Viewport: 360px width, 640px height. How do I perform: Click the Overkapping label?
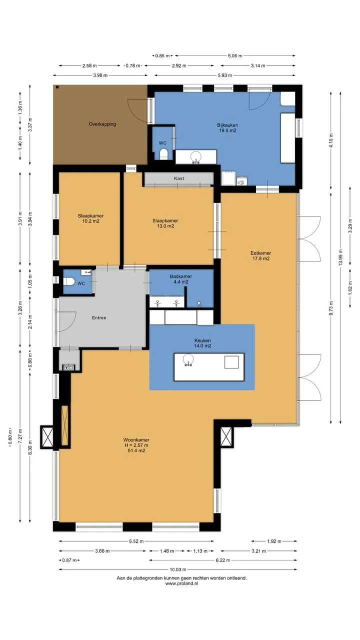click(102, 124)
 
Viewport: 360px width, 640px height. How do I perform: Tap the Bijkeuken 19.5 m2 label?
click(227, 127)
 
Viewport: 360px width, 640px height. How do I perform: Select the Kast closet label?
click(179, 178)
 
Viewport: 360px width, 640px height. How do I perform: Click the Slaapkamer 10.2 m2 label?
click(90, 218)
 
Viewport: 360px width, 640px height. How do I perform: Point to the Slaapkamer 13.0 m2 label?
click(165, 223)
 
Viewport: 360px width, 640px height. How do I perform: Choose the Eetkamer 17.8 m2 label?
click(260, 255)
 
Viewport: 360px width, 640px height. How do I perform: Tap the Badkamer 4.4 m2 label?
click(181, 279)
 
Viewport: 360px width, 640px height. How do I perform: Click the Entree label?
click(99, 317)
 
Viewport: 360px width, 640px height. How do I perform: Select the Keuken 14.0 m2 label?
click(202, 343)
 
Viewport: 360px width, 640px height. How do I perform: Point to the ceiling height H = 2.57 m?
click(136, 445)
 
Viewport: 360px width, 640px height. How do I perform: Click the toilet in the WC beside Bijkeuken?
click(163, 153)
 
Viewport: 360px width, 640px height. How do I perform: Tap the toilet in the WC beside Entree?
click(69, 281)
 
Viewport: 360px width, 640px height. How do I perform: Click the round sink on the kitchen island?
click(188, 359)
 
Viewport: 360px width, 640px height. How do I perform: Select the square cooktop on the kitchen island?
click(231, 362)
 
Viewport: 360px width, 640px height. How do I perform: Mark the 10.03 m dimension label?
click(177, 569)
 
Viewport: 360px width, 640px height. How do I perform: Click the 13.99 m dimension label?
click(340, 257)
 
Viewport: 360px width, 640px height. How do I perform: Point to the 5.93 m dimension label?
click(225, 75)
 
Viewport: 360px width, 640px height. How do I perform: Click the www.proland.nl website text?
click(181, 583)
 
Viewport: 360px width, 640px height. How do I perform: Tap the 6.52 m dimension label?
click(136, 541)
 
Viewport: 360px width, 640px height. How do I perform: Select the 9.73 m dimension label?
click(331, 308)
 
